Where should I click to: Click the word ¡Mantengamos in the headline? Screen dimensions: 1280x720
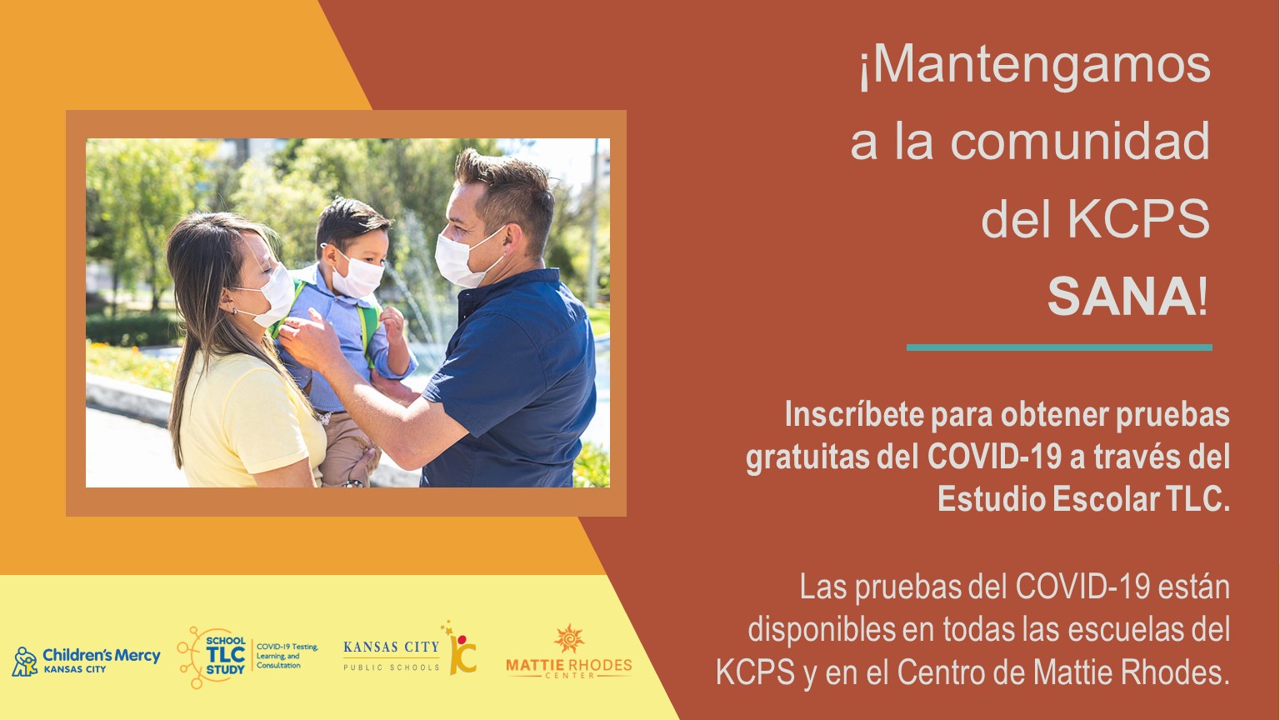(1035, 67)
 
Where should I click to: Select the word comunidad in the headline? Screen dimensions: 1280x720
(1080, 141)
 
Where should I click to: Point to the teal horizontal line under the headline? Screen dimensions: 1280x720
(1059, 347)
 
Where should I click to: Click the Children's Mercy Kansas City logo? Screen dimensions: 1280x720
(86, 661)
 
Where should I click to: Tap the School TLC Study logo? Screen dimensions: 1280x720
(247, 657)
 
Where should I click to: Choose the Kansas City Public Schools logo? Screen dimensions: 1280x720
(410, 650)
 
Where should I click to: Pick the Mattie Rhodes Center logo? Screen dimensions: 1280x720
(569, 652)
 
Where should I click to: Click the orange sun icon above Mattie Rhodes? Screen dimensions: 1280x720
(569, 638)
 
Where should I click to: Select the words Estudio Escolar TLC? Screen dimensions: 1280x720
(1083, 499)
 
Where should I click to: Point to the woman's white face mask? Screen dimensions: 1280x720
(272, 297)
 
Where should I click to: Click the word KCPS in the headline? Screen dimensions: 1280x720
(1139, 219)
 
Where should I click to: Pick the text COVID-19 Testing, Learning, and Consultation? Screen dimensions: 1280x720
(287, 656)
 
